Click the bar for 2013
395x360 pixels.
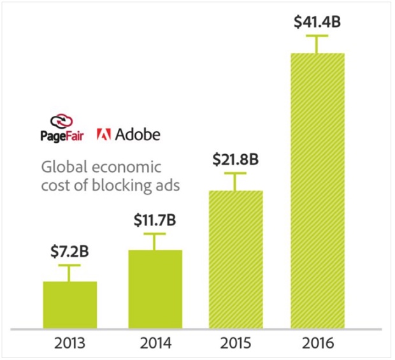coord(69,305)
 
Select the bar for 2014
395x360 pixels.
coord(155,289)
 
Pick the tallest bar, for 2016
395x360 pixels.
coord(317,191)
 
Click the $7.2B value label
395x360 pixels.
coord(69,251)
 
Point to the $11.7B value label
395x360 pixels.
coord(155,221)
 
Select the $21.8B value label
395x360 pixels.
coord(236,160)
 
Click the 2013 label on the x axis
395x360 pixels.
coord(69,344)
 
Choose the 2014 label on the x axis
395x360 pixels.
coord(155,344)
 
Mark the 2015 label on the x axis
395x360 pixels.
coord(236,344)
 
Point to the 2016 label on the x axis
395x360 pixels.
coord(317,344)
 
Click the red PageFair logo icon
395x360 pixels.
coord(64,120)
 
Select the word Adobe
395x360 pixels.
coord(138,135)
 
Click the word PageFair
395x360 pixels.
coord(64,136)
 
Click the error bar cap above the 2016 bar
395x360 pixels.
coord(317,36)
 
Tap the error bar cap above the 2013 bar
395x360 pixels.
coord(69,264)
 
